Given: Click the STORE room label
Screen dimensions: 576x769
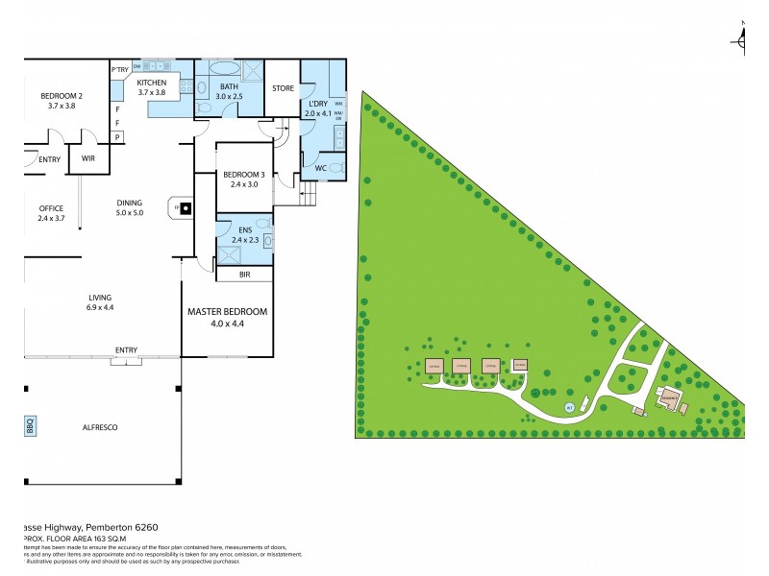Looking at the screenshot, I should pos(282,87).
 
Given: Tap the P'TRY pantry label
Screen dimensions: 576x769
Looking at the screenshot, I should pos(120,70).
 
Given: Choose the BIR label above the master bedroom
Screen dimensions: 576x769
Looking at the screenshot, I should pos(243,274).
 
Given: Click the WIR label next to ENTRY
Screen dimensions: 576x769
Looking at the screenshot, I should pos(87,158).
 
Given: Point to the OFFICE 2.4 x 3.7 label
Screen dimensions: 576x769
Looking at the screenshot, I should pos(50,213).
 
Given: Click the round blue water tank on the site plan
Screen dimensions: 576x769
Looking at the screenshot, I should pos(569,408).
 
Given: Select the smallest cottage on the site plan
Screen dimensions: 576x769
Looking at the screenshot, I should pos(520,365).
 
